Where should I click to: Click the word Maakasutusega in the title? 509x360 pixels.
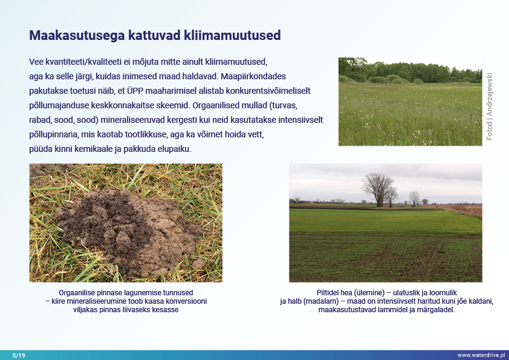coord(77,36)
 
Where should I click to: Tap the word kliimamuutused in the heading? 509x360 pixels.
coord(232,35)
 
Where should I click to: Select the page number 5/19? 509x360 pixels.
coord(19,355)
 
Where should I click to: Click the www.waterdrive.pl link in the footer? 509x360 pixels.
coord(481,355)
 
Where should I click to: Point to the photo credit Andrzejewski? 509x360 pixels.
coord(489,94)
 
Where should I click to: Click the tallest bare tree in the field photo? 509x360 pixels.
coord(378,190)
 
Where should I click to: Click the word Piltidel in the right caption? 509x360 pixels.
coord(328,293)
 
